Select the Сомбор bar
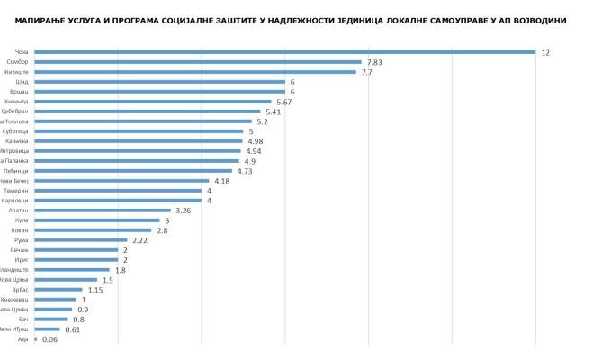click(197, 62)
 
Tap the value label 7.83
click(373, 62)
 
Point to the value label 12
click(545, 52)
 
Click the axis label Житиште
click(15, 72)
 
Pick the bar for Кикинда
click(152, 102)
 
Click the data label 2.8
click(162, 230)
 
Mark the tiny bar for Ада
click(35, 339)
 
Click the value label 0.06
click(49, 339)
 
